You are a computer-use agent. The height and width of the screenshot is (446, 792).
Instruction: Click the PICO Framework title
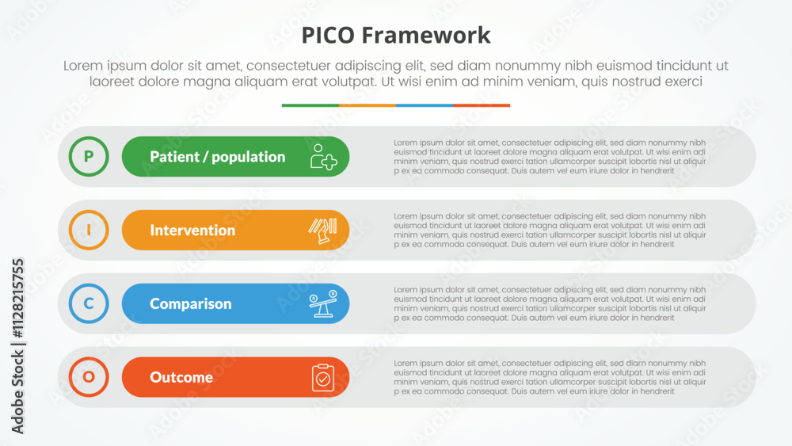pyautogui.click(x=396, y=36)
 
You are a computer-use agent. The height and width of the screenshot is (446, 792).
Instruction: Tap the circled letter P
pyautogui.click(x=89, y=157)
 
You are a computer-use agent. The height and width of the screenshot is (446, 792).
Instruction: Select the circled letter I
pyautogui.click(x=89, y=230)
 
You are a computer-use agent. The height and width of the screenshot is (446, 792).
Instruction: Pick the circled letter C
pyautogui.click(x=89, y=303)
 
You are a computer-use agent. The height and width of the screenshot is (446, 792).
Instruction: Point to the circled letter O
pyautogui.click(x=89, y=377)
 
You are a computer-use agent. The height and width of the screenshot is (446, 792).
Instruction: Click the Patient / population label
pyautogui.click(x=218, y=157)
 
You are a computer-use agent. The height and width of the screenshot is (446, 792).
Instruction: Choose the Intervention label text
pyautogui.click(x=192, y=231)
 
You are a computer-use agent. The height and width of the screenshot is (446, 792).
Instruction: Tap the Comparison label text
pyautogui.click(x=190, y=303)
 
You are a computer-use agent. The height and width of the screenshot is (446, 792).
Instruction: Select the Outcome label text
pyautogui.click(x=181, y=377)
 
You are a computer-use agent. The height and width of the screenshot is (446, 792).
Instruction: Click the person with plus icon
pyautogui.click(x=323, y=157)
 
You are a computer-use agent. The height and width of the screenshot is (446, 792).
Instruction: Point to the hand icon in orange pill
pyautogui.click(x=323, y=231)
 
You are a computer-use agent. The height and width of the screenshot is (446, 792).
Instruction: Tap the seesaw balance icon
pyautogui.click(x=323, y=303)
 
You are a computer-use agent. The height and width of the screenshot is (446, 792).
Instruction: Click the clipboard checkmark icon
pyautogui.click(x=323, y=377)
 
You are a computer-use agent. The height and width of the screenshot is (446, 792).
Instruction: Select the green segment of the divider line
pyautogui.click(x=310, y=105)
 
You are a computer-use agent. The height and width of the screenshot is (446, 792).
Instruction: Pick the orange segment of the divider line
pyautogui.click(x=367, y=105)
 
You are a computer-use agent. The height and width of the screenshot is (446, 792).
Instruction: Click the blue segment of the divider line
pyautogui.click(x=425, y=105)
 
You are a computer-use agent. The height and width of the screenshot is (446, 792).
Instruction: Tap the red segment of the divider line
pyautogui.click(x=482, y=105)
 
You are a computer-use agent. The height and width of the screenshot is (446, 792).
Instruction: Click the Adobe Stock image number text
pyautogui.click(x=17, y=346)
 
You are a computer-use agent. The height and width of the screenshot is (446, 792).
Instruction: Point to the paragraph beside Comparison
pyautogui.click(x=550, y=303)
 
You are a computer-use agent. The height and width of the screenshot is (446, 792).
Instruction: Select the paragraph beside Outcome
pyautogui.click(x=550, y=377)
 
